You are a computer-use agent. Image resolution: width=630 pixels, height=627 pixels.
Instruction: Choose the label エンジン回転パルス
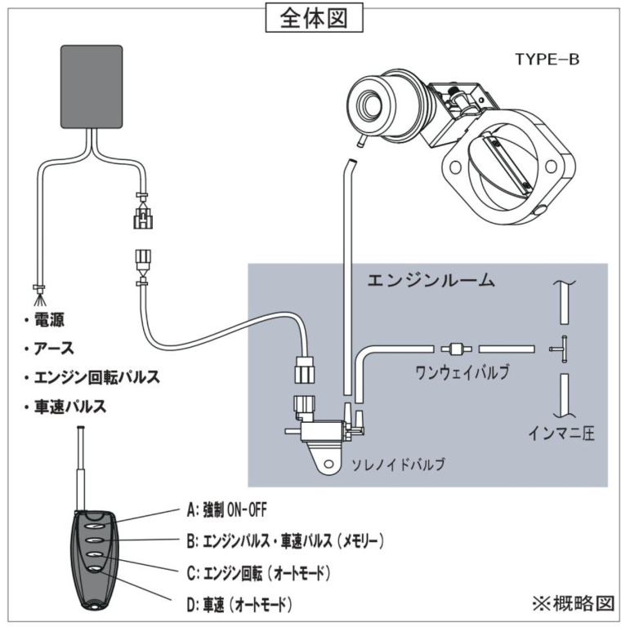[96, 377]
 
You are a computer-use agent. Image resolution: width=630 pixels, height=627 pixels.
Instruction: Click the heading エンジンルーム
[431, 281]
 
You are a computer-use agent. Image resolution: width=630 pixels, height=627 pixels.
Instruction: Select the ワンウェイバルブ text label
[462, 373]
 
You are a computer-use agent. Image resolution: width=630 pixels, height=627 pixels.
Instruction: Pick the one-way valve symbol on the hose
[457, 348]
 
